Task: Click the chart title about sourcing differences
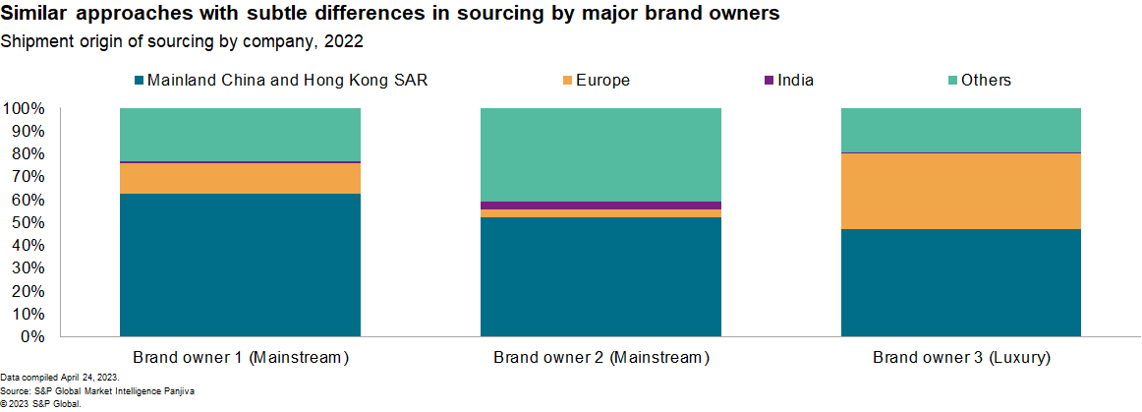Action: tap(394, 15)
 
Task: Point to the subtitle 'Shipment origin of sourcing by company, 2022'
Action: tap(183, 41)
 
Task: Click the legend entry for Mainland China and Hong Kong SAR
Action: tap(286, 81)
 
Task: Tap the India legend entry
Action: tap(795, 81)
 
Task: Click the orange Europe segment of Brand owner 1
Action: tap(240, 178)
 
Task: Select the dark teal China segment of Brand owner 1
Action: tap(240, 265)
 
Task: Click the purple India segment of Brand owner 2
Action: tap(600, 206)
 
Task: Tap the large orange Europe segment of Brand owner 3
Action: tap(961, 192)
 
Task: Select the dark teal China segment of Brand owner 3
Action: tap(961, 283)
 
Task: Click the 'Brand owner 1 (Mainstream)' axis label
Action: tap(241, 357)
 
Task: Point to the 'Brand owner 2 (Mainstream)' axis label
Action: tap(600, 357)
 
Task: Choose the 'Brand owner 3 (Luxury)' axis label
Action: tap(961, 357)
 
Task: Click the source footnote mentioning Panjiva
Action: tap(97, 391)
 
